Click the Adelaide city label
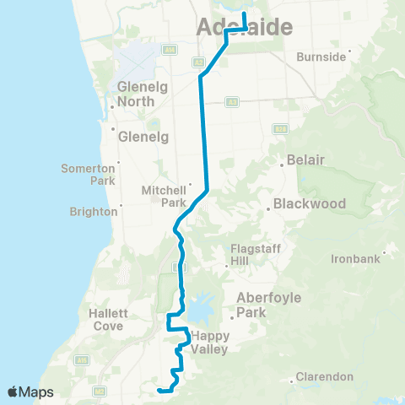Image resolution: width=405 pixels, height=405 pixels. pyautogui.click(x=244, y=28)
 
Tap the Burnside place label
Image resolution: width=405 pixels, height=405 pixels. pyautogui.click(x=321, y=57)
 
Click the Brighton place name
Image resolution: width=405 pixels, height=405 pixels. pyautogui.click(x=94, y=211)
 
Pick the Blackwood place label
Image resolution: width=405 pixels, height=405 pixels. pyautogui.click(x=305, y=203)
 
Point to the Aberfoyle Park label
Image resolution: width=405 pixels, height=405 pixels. pyautogui.click(x=263, y=304)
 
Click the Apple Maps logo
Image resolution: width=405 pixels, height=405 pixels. pyautogui.click(x=30, y=391)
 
